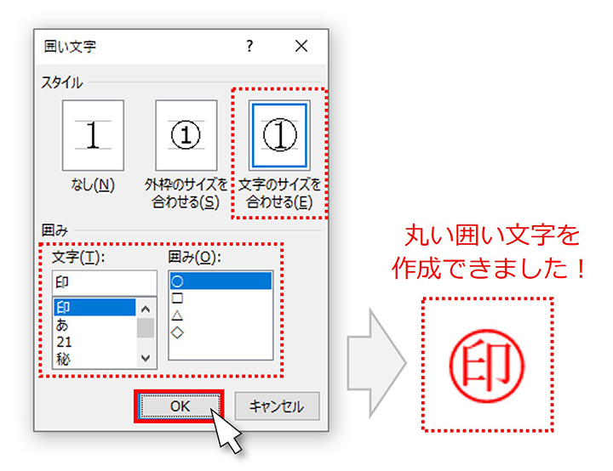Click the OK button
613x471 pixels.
coord(180,406)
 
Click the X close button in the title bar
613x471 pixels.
coord(301,46)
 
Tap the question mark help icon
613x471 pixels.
coord(249,46)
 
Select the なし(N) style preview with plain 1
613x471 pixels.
coord(93,135)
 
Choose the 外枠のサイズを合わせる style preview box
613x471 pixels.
coord(186,135)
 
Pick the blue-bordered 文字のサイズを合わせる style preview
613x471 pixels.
coord(279,135)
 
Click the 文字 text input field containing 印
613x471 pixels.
coord(105,282)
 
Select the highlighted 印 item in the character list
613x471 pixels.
coord(95,308)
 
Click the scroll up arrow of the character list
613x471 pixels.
coord(146,309)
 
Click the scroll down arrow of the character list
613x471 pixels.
coord(146,358)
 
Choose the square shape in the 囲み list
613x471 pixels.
coord(177,298)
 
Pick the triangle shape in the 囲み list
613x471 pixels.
coord(177,315)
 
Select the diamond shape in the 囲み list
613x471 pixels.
coord(177,332)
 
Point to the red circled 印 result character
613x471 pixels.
coord(487,366)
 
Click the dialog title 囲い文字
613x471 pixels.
coord(70,47)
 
